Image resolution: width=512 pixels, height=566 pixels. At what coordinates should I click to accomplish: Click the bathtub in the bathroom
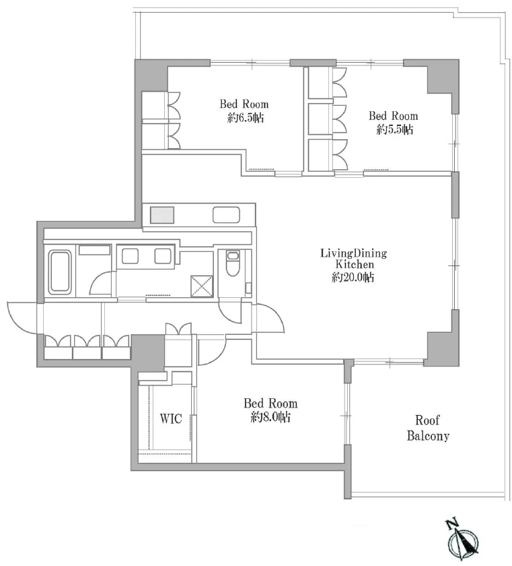click(60, 271)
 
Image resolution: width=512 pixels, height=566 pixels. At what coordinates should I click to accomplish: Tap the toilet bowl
click(233, 263)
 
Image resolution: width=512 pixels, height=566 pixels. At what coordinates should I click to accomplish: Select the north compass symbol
click(463, 540)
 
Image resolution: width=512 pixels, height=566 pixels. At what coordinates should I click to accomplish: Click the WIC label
click(171, 418)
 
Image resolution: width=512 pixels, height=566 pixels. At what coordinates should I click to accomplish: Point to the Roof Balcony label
click(428, 428)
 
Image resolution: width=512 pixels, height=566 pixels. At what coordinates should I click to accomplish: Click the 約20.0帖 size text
click(353, 277)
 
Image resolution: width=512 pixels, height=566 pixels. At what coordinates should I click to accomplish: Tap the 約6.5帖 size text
click(246, 118)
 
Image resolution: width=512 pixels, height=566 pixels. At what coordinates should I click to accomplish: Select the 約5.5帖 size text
click(395, 129)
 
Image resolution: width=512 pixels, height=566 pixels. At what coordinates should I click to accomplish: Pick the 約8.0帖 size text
click(271, 417)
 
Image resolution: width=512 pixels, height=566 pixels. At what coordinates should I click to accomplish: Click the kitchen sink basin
click(226, 215)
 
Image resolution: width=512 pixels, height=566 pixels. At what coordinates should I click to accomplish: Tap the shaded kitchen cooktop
click(162, 215)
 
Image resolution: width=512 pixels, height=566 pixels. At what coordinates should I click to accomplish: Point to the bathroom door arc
click(102, 282)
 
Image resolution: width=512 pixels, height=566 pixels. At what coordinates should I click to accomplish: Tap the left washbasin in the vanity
click(130, 256)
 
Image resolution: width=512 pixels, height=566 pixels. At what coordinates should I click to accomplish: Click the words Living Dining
click(354, 253)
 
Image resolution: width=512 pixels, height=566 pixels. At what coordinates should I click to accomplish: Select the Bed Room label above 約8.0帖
click(270, 403)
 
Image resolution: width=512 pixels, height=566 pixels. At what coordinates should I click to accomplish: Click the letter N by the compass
click(451, 523)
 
